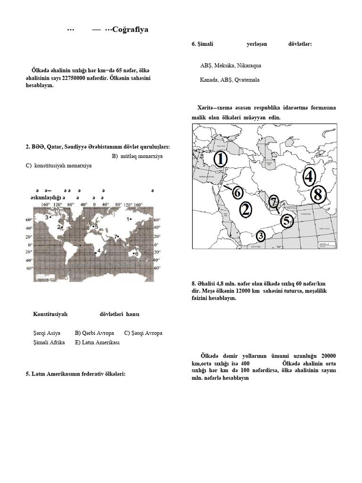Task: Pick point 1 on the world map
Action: point(128,219)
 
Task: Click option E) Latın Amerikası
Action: point(97,342)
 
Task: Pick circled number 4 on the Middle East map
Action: point(308,177)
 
